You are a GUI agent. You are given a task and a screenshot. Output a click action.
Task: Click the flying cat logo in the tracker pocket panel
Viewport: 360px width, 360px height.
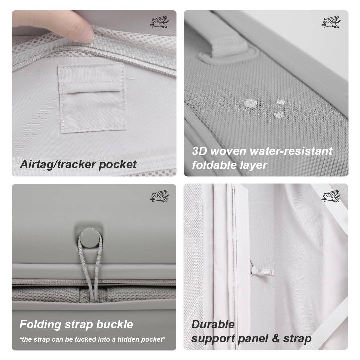[x=159, y=22]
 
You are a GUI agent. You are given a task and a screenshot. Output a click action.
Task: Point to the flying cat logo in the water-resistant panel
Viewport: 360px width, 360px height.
[x=331, y=22]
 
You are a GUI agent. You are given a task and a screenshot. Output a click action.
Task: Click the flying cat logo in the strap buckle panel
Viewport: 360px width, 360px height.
[x=159, y=196]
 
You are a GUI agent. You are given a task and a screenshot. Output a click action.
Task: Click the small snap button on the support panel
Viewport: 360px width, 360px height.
[x=254, y=270]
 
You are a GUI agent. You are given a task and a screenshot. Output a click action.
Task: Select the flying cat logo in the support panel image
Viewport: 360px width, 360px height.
[x=331, y=196]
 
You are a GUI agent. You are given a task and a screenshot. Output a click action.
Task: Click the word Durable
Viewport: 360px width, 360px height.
[x=213, y=325]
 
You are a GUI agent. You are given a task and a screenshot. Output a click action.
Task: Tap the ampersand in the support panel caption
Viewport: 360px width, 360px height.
[x=276, y=338]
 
